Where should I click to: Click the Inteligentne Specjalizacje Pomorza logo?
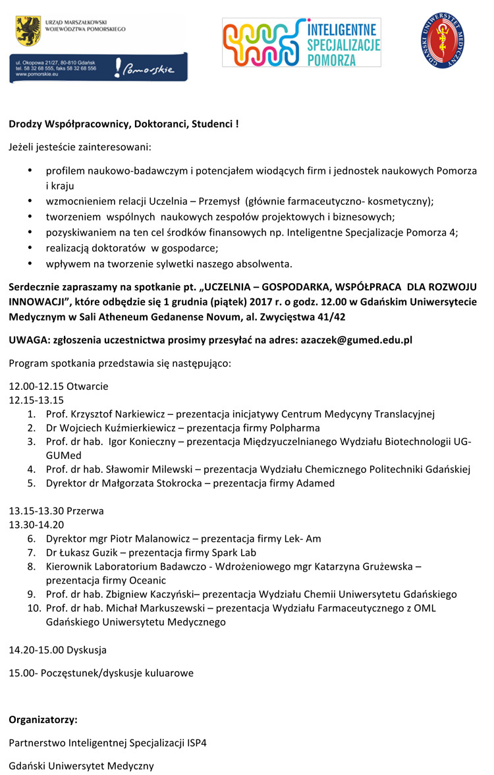click(301, 42)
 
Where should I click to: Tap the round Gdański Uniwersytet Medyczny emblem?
click(442, 41)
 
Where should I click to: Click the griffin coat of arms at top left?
click(27, 29)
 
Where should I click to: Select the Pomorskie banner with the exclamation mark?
click(99, 67)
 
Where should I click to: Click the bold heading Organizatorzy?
click(43, 719)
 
